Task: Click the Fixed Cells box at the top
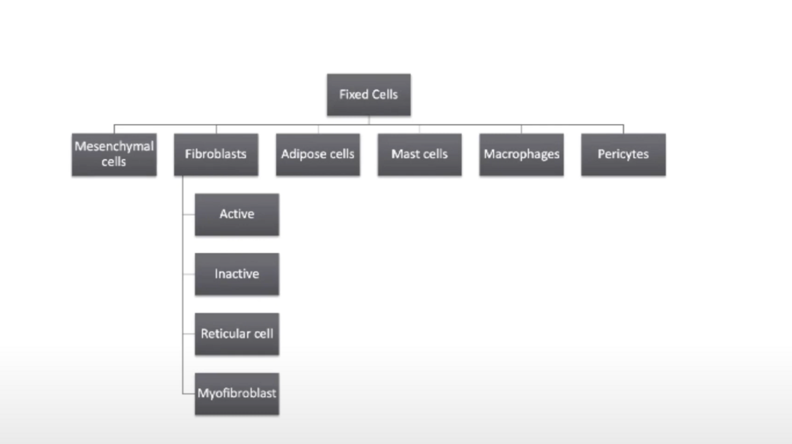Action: tap(369, 95)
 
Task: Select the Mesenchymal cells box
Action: tap(114, 154)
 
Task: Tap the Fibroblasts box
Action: tap(216, 154)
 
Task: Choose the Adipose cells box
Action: tap(318, 154)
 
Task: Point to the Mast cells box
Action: tap(419, 154)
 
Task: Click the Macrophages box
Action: tap(521, 154)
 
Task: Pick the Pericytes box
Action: tap(623, 154)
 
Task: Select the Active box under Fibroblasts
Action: tap(237, 214)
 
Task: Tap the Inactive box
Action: tap(237, 274)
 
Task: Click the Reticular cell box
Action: tap(237, 334)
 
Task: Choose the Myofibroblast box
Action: tap(237, 394)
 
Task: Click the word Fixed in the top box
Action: tap(353, 94)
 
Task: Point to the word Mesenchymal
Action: tap(114, 147)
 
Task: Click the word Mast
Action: tap(404, 154)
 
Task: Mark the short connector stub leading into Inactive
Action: tap(189, 274)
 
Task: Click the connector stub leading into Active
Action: tap(189, 214)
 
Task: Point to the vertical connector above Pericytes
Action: tap(623, 129)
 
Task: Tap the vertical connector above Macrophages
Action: tap(521, 129)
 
